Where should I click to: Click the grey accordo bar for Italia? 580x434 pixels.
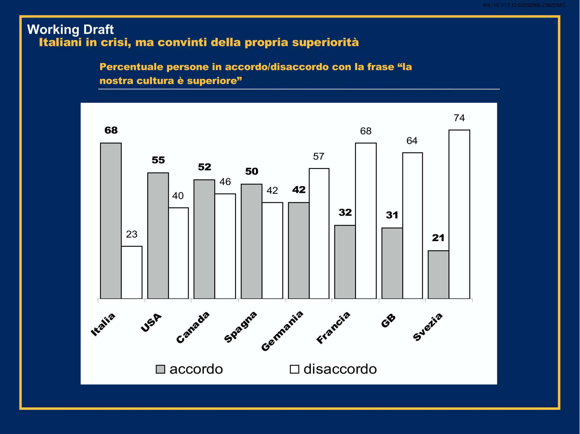point(111,221)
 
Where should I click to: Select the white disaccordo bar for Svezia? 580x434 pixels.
point(459,214)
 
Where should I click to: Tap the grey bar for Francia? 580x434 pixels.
point(345,262)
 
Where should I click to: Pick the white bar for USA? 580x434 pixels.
point(178,253)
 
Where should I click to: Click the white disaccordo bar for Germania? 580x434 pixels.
point(319,233)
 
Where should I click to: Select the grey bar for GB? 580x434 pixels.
point(392,263)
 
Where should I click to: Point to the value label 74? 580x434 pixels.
point(459,118)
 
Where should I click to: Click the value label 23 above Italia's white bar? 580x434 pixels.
point(132,234)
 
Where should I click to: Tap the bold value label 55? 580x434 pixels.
point(158,160)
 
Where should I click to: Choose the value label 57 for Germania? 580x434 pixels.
point(319,156)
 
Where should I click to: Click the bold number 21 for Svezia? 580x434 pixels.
point(438,238)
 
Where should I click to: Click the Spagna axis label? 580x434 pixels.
point(240,327)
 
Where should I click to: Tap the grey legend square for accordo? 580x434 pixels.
point(160,369)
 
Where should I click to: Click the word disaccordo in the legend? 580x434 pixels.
point(340,369)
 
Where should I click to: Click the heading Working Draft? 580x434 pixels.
point(70,29)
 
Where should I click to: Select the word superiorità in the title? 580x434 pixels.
point(325,42)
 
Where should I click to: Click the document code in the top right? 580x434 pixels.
point(524,5)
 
